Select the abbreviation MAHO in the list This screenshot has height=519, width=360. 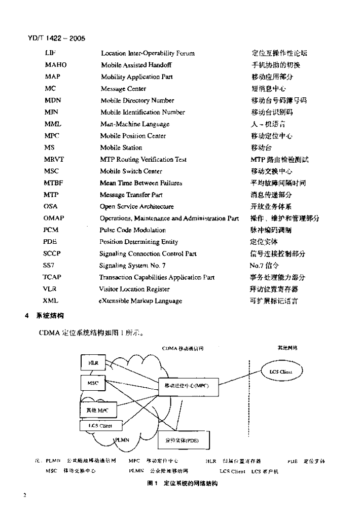55,65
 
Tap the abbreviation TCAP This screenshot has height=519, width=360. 52,277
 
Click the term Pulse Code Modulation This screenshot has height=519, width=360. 133,230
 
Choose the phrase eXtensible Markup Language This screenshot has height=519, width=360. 140,301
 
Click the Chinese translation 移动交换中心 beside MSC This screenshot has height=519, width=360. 271,171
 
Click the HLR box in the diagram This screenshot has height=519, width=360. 93,363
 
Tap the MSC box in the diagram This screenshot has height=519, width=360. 93,383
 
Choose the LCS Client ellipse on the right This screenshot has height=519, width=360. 282,372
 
